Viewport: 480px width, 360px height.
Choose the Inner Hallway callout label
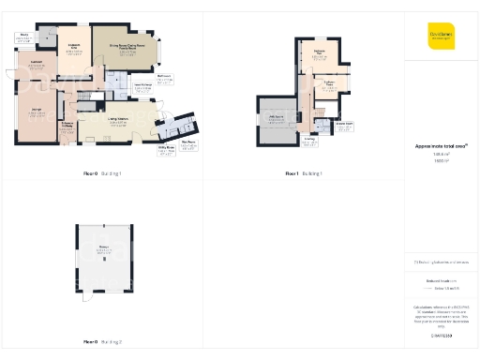click(143, 89)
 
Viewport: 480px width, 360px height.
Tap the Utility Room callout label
click(166, 150)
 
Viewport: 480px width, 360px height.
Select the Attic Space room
click(276, 120)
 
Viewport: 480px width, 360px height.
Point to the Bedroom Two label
click(319, 52)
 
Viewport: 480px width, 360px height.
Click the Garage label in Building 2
click(102, 251)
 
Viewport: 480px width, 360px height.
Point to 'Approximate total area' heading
click(440, 146)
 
